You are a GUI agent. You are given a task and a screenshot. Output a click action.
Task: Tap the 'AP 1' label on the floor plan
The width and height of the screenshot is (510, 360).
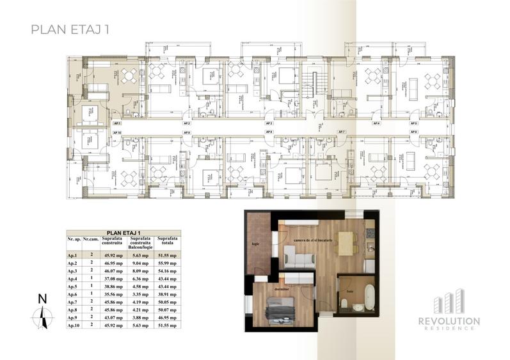116,123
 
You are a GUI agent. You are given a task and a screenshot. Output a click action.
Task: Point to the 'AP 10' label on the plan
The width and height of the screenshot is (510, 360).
117,132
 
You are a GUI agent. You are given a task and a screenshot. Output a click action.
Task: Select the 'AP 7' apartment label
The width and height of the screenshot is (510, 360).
341,132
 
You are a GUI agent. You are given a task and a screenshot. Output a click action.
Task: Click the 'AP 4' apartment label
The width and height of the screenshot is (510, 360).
376,123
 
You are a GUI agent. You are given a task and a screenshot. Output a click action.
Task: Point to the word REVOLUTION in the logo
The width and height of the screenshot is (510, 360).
449,320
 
